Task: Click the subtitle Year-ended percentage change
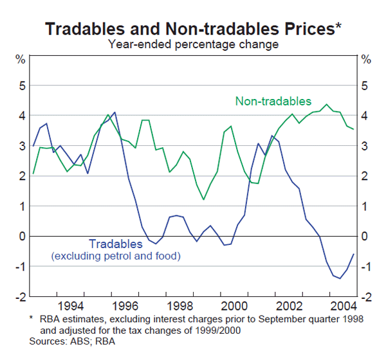193,44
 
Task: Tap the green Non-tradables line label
273,102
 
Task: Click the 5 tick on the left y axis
21,85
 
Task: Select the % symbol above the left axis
21,60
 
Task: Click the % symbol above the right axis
366,60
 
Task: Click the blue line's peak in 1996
115,113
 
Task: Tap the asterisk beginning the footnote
31,317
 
